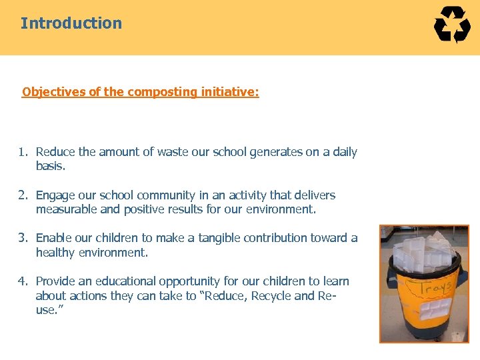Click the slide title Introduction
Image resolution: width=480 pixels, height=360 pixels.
coord(71,23)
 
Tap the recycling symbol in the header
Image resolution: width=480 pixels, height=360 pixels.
coord(452,25)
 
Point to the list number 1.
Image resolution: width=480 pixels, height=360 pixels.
coord(23,152)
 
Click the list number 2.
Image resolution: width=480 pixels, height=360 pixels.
coord(23,195)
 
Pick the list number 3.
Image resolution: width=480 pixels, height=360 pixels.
coord(23,238)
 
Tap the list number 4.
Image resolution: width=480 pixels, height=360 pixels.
coord(23,281)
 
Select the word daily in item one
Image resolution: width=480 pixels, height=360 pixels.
coord(345,152)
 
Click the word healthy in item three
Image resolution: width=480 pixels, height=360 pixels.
coord(57,253)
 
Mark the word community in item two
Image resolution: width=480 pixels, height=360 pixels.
coord(165,195)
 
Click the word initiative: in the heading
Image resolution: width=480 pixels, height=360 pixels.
coord(230,92)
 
